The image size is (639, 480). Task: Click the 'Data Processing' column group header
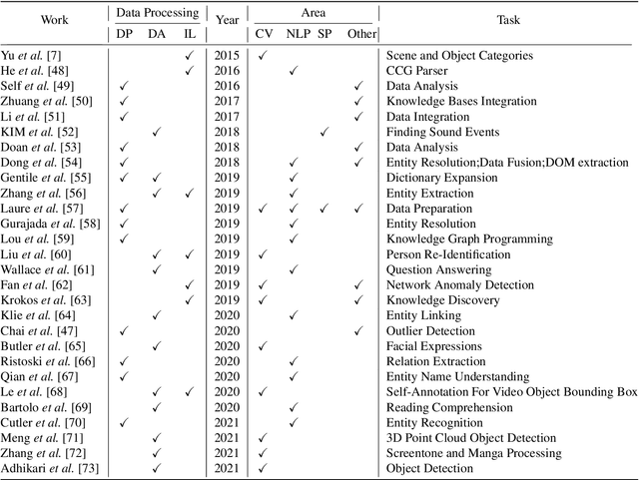156,15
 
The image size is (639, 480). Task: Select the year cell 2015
227,56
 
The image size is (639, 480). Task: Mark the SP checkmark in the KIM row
323,132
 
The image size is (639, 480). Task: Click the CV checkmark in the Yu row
262,56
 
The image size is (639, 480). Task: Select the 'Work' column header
54,20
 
